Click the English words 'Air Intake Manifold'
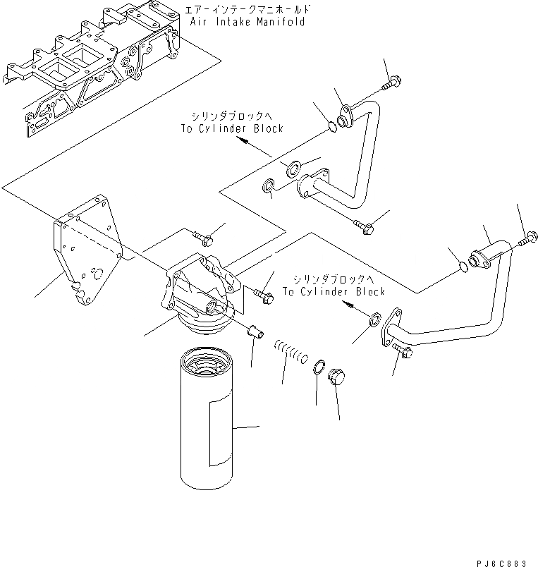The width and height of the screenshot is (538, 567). (248, 21)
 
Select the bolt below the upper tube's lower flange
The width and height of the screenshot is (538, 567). (365, 226)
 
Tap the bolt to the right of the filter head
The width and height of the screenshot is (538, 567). (264, 291)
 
